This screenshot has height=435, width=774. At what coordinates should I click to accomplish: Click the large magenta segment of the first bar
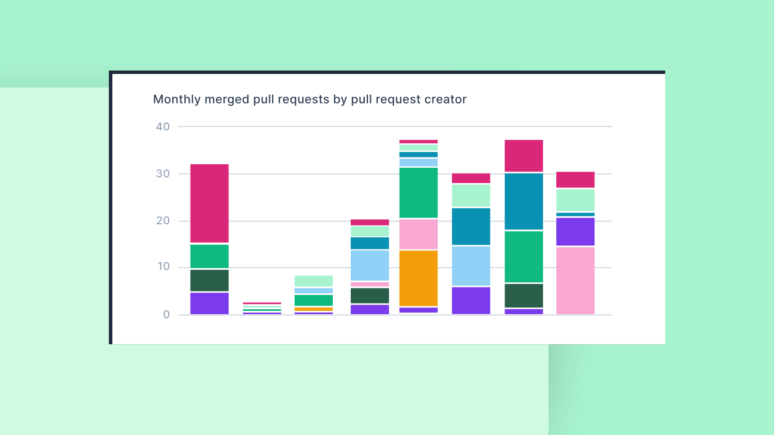pos(209,203)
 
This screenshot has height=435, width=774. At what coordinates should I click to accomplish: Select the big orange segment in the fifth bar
pos(418,278)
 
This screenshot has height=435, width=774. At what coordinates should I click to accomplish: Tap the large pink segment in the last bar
pos(575,280)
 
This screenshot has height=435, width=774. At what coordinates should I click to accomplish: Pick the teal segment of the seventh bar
pos(524,201)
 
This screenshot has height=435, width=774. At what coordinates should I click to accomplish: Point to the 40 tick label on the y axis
pos(163,127)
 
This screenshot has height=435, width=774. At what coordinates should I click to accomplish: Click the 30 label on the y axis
pos(163,174)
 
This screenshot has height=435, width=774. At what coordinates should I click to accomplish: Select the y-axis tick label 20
pos(163,220)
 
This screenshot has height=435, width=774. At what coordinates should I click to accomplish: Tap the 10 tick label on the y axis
pos(164,266)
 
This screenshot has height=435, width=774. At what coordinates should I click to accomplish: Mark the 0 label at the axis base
pos(166,315)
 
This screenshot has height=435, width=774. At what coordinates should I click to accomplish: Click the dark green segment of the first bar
pos(209,280)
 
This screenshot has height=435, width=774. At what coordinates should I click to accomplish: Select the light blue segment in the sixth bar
pos(471,266)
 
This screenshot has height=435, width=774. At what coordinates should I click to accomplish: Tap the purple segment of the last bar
pos(575,232)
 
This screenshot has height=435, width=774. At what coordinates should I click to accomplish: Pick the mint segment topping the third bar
pos(313,281)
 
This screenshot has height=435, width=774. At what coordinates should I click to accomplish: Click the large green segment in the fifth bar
pos(418,192)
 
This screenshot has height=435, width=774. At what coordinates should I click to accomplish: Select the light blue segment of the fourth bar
pos(370,265)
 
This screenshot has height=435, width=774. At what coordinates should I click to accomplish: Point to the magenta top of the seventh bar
pos(524,156)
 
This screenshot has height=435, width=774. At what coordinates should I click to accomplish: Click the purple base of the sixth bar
pos(471,301)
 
